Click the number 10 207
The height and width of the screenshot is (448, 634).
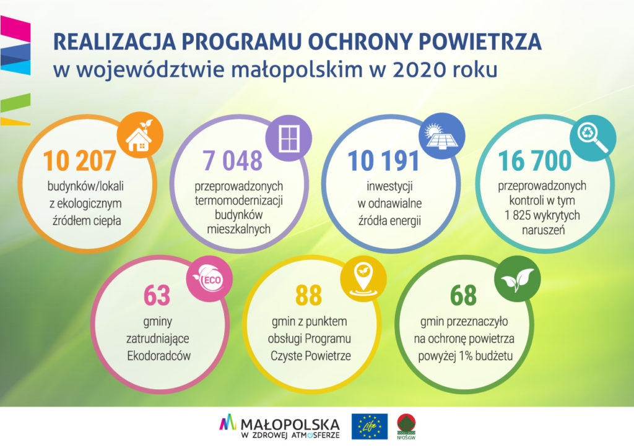79,161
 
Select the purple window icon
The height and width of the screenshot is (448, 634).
289,138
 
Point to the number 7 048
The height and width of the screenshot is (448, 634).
233,160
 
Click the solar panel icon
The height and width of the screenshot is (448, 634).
442,136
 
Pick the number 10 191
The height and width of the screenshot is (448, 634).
383,161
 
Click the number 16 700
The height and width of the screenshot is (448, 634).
534,161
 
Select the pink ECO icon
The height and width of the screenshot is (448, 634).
209,278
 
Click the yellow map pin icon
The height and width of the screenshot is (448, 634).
363,278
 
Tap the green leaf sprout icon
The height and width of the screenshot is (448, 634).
517,278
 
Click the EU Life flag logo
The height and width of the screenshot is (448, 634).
370,426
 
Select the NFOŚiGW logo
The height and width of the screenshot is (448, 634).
406,426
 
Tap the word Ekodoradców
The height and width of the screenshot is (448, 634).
158,356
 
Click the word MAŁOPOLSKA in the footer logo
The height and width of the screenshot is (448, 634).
290,424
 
